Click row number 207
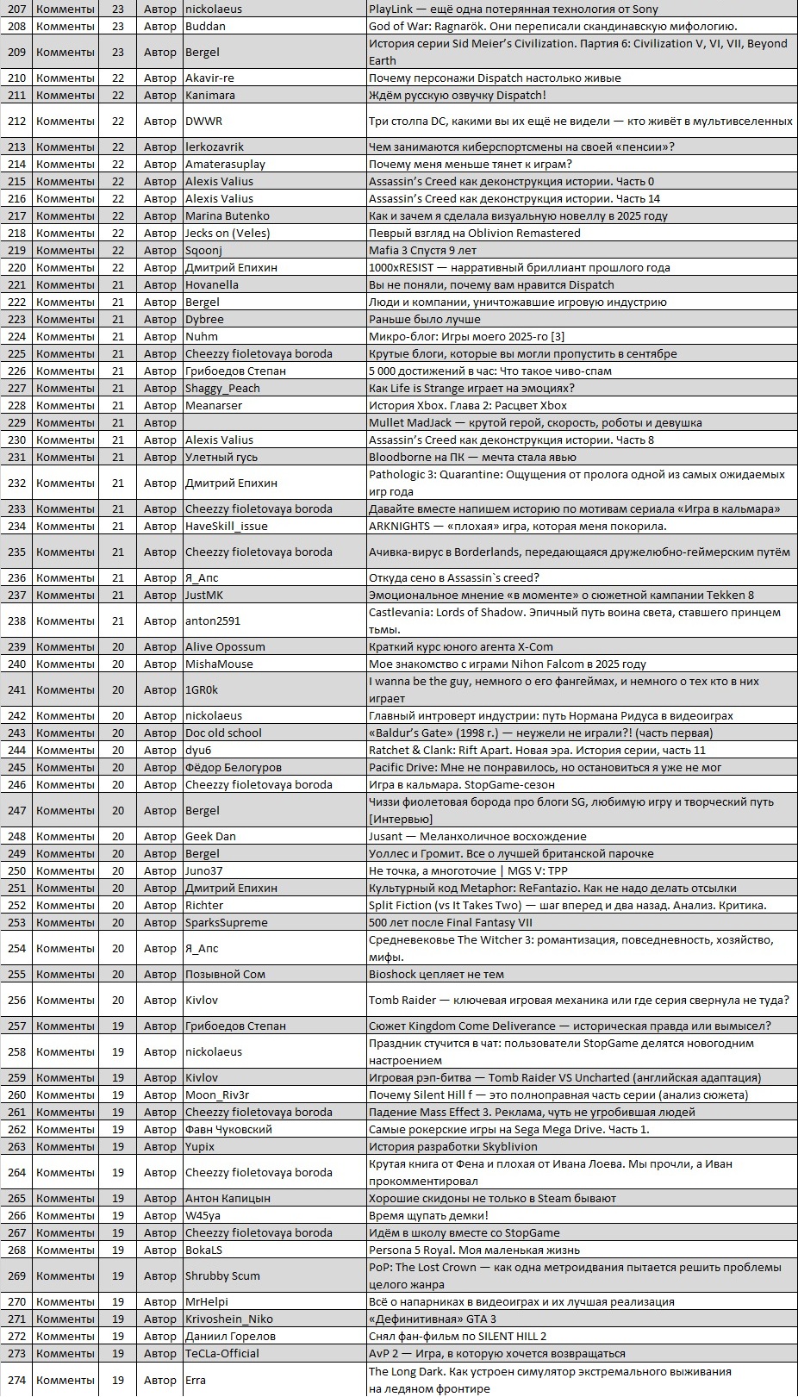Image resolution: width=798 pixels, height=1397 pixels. [16, 9]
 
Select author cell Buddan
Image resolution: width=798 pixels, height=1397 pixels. [205, 26]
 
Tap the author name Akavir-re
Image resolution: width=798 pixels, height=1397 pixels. [209, 78]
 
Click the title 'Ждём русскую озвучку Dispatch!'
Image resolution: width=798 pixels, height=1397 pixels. [457, 95]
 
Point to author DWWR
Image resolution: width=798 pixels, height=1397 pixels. [203, 121]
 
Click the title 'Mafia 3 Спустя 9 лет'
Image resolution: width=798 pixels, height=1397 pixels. [422, 250]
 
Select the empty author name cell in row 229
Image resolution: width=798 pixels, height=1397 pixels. [274, 422]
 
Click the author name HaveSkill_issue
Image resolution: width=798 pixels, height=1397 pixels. [227, 526]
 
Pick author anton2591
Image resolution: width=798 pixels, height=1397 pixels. [213, 621]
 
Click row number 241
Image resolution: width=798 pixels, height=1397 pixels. [16, 689]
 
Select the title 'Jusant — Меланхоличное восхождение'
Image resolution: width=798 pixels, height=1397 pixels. [477, 836]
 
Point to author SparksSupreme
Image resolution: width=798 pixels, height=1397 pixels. [227, 922]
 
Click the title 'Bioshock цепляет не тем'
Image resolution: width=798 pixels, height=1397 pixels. [436, 974]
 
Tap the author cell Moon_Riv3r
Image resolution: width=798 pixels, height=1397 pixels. [217, 1095]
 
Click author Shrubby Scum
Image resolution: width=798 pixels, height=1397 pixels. [222, 1275]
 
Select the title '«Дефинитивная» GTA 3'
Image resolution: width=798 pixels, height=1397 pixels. [432, 1319]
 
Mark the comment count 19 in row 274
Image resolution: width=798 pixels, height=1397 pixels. [118, 1380]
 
